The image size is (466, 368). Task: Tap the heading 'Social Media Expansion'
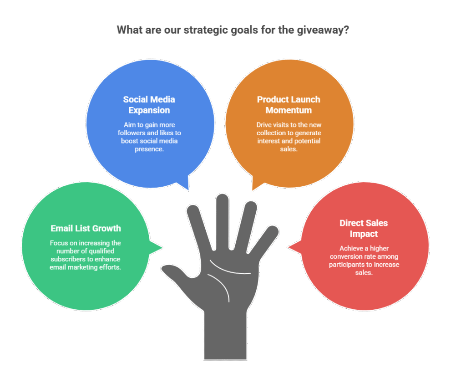[x=149, y=105]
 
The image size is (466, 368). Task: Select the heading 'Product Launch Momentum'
[x=289, y=105]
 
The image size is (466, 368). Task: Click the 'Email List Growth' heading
[x=86, y=228]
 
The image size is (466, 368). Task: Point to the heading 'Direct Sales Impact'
[x=364, y=228]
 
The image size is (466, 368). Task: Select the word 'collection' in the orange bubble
[x=272, y=133]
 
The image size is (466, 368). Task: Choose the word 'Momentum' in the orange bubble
[x=289, y=110]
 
